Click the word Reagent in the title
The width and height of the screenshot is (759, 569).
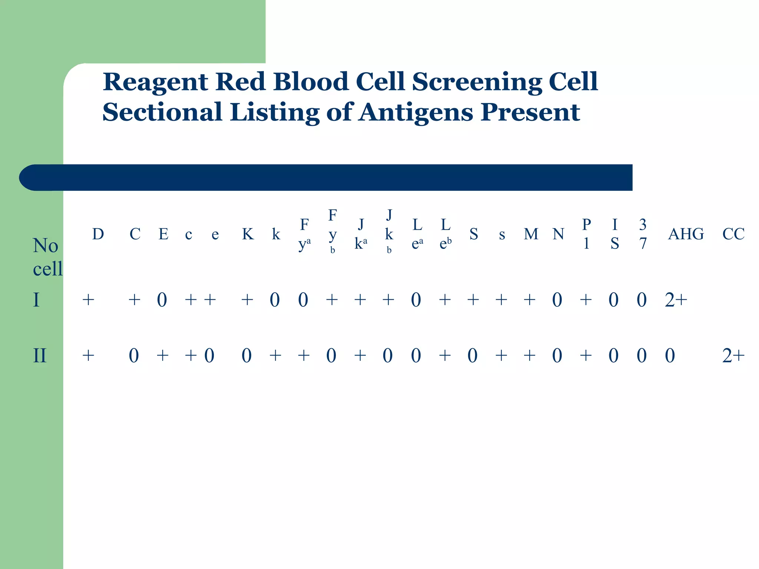[x=155, y=82]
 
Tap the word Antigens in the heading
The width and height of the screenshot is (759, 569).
[x=415, y=112]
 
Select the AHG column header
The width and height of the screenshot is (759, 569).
[x=686, y=234]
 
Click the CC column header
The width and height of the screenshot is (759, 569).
[x=733, y=234]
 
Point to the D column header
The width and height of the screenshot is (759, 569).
[x=98, y=234]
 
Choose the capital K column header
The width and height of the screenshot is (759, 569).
[x=248, y=234]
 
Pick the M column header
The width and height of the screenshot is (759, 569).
[x=531, y=234]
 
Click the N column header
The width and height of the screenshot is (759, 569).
[x=558, y=234]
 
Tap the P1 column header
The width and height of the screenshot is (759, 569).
[x=586, y=234]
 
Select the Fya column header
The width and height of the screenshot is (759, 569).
[x=304, y=234]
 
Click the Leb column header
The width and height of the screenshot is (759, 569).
[x=445, y=234]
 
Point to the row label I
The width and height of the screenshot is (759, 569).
[x=36, y=300]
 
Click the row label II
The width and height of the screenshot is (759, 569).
[x=40, y=356]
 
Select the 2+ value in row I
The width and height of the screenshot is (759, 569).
[x=676, y=300]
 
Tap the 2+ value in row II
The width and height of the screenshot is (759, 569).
[x=733, y=356]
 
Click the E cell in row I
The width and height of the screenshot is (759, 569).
[x=162, y=300]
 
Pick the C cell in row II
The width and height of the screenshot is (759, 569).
[x=134, y=356]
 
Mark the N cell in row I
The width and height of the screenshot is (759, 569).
[x=557, y=300]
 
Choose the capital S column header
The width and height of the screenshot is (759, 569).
[x=474, y=234]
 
